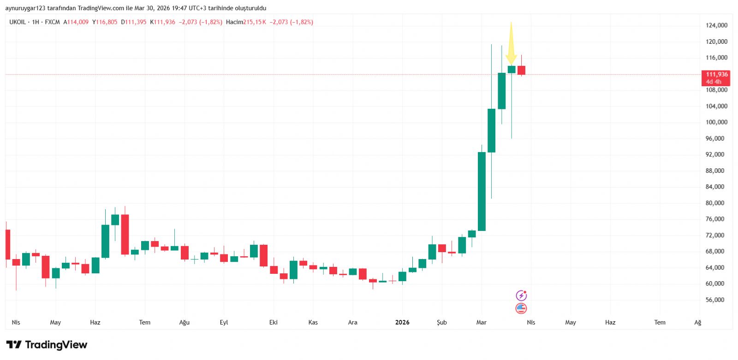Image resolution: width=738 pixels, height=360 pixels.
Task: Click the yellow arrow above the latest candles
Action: tap(511, 44)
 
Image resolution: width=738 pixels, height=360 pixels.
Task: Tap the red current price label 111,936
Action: tap(716, 77)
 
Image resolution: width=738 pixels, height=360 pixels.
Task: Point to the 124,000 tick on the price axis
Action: tap(716, 25)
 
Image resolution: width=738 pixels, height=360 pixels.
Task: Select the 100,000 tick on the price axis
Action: tap(716, 122)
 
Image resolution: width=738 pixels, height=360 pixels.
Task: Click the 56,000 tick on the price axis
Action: tap(714, 300)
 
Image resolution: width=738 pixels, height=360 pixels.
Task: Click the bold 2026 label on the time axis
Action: tap(402, 322)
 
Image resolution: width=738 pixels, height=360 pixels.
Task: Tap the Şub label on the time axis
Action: tap(442, 322)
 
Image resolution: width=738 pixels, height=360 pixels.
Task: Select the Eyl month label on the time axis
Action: tap(224, 322)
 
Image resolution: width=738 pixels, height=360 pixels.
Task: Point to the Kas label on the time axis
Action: tap(313, 322)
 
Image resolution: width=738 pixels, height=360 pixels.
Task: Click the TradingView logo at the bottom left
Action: tap(47, 345)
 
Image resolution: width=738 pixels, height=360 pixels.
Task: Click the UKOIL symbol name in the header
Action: tap(18, 22)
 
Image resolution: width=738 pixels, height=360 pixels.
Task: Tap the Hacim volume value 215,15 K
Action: tap(255, 22)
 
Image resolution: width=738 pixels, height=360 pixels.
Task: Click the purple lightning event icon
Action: tap(521, 295)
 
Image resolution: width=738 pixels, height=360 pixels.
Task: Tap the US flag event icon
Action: tap(521, 308)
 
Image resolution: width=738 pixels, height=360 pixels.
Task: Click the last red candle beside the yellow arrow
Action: tap(521, 70)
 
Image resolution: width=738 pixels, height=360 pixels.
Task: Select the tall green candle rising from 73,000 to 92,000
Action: tap(482, 191)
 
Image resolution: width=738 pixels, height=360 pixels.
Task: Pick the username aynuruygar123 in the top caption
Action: tap(25, 8)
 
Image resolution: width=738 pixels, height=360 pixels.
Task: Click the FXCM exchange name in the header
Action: tap(52, 22)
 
